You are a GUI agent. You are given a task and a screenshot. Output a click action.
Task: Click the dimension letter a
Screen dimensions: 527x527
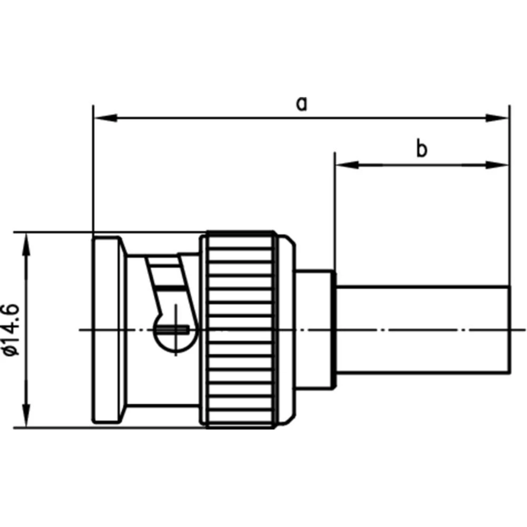(x=301, y=103)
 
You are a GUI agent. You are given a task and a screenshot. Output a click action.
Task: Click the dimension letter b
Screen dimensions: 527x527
(x=422, y=150)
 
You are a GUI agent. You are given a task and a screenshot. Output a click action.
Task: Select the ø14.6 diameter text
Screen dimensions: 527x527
(x=12, y=330)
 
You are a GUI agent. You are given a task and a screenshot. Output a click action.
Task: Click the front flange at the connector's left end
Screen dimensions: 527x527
(x=108, y=329)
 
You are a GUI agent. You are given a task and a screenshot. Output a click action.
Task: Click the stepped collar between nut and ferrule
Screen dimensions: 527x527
(x=315, y=329)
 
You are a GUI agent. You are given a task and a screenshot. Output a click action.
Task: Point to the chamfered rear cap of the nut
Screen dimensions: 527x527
(x=286, y=329)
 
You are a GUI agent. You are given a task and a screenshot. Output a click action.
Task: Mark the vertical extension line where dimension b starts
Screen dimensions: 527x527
(x=334, y=211)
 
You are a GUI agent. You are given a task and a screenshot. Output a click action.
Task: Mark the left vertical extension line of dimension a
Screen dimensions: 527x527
(x=93, y=174)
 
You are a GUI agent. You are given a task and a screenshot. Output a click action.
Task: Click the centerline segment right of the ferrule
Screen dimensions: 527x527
(x=519, y=330)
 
